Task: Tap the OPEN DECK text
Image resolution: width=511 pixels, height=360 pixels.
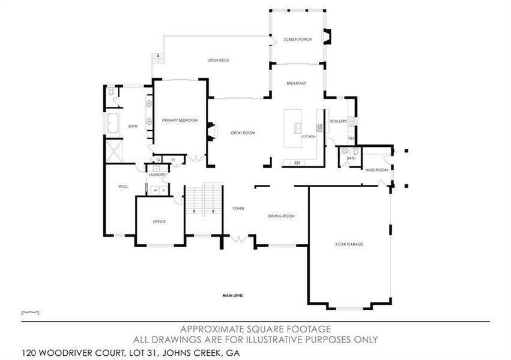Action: point(219,60)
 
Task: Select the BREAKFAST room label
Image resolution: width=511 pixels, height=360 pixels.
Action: point(296,83)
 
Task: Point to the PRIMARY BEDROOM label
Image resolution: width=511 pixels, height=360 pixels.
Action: point(180,121)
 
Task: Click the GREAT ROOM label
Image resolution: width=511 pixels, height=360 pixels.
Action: point(243,133)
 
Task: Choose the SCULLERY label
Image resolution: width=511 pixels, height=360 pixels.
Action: point(338,121)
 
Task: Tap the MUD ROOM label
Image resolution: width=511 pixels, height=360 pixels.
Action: point(377,170)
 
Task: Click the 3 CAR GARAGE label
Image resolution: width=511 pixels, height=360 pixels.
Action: point(349,244)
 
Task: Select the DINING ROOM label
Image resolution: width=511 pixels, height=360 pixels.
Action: point(281,216)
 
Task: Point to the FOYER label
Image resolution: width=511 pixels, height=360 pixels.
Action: point(238,209)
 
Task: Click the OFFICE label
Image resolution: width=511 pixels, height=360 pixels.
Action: point(159,221)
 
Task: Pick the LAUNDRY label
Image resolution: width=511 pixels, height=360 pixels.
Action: point(157,175)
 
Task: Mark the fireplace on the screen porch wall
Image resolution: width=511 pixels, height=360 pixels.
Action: point(326,37)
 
